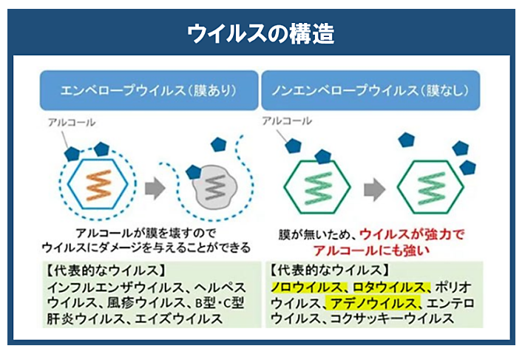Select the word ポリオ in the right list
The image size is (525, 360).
[x=455, y=286]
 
